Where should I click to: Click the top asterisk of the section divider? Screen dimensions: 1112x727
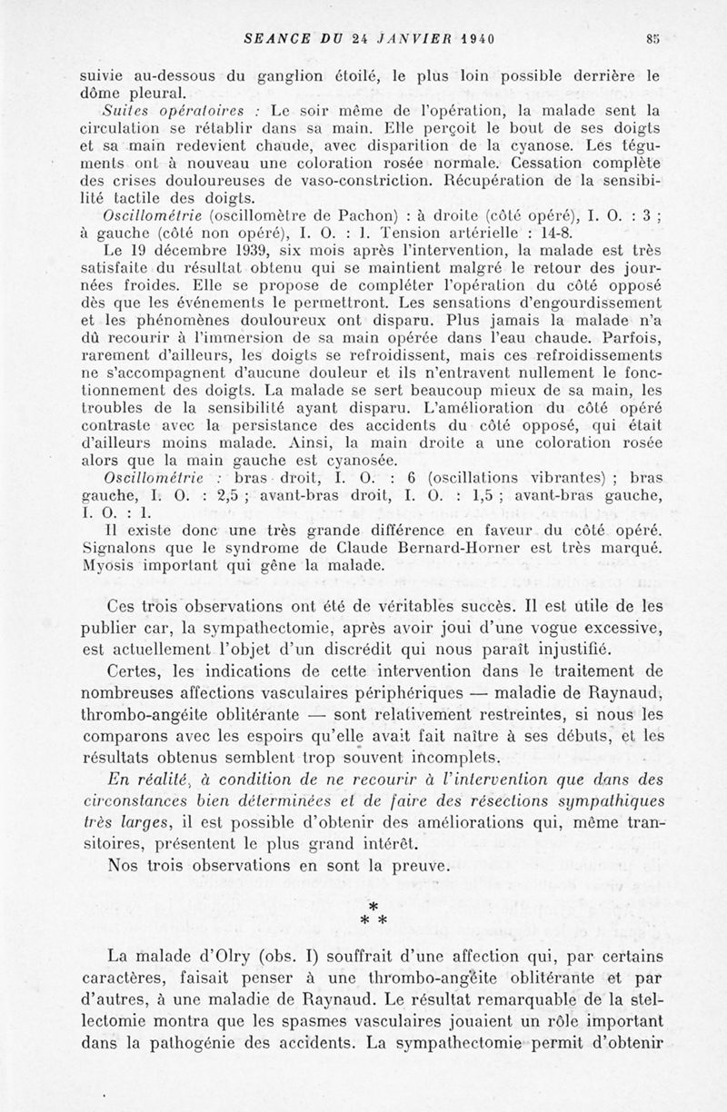pos(372,908)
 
